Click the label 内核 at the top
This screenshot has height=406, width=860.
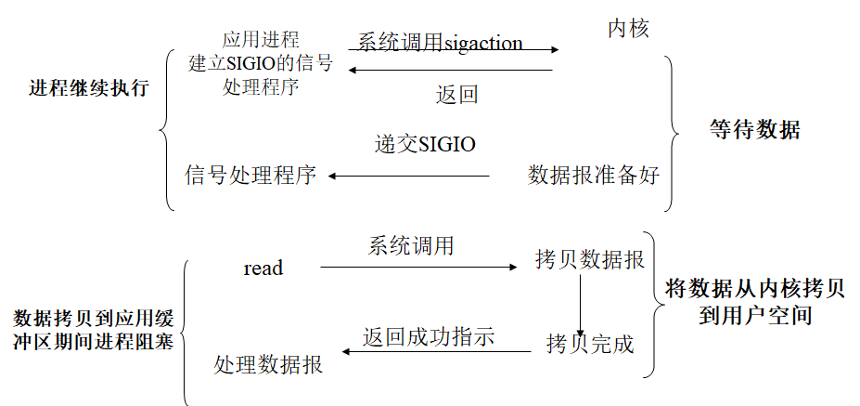coord(628,29)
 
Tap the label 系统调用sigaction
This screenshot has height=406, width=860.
coord(440,43)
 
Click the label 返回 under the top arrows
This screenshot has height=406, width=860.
coord(456,95)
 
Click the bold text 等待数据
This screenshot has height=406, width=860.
coord(754,130)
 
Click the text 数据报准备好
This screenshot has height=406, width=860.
coord(594,175)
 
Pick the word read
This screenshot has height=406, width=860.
coord(263,268)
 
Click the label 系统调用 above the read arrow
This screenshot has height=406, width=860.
coord(411,246)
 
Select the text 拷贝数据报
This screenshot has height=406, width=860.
coord(589,259)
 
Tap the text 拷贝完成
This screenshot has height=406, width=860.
coord(589,345)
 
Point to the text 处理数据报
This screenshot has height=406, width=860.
coord(268,365)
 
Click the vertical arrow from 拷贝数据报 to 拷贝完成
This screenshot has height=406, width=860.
coord(580,302)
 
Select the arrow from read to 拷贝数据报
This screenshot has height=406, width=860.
coord(417,268)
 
